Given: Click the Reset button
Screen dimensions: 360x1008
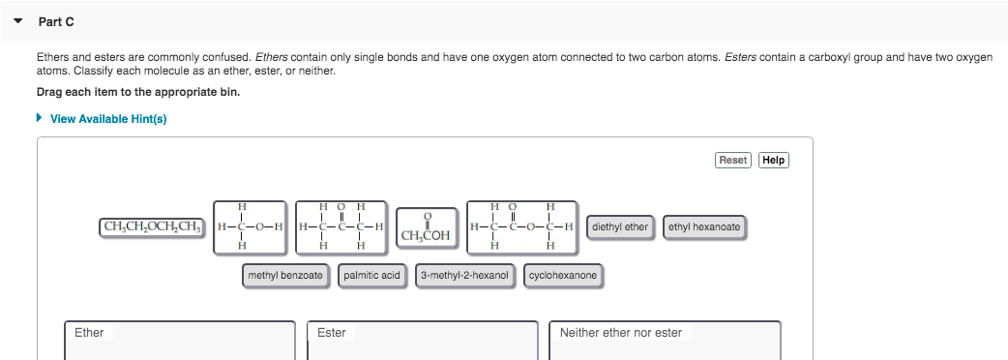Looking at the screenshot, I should pos(733,160).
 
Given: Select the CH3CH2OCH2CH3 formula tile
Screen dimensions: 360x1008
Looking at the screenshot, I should pos(152,227).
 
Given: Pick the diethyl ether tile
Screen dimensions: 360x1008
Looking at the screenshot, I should pos(619,227).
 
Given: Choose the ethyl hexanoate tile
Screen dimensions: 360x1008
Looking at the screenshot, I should pos(704,227).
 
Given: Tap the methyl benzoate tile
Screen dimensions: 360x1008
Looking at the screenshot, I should pos(285,276).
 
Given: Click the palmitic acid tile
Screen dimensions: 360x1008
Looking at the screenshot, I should pos(371,276).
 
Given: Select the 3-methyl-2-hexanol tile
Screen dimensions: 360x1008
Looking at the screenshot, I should pos(465,276).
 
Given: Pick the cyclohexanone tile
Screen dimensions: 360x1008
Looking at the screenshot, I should pos(563,276).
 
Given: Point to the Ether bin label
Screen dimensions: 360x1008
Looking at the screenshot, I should pos(89,333).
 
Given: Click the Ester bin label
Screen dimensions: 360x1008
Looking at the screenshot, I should pos(332,333).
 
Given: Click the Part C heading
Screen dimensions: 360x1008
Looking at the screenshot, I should pos(56,21).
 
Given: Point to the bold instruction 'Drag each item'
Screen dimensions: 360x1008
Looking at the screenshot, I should pos(137,92).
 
